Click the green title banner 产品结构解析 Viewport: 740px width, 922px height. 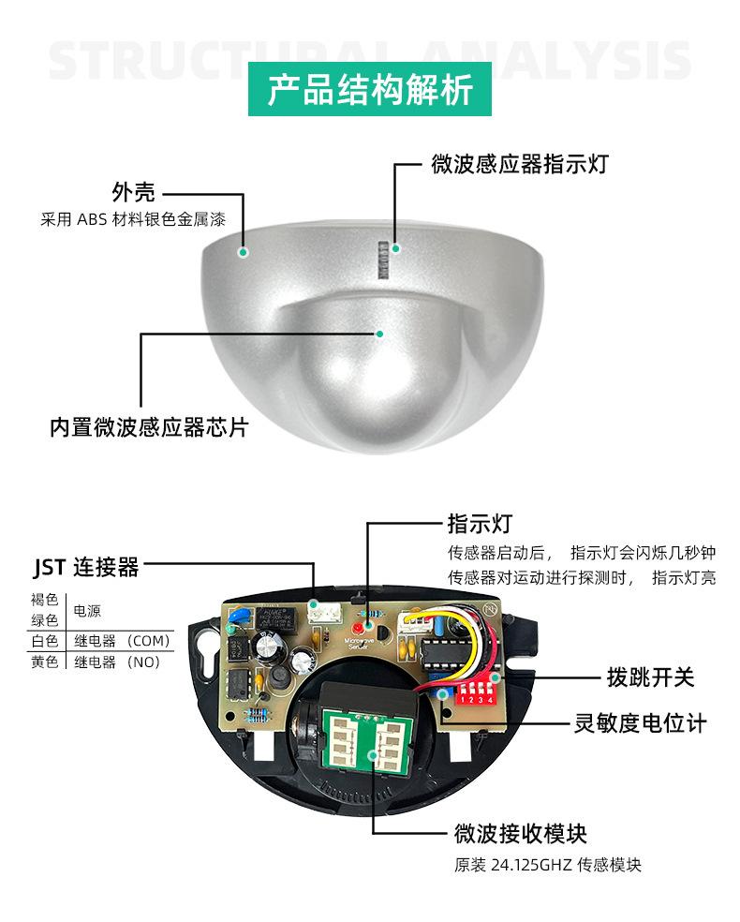(370, 90)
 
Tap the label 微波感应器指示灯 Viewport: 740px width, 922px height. (520, 166)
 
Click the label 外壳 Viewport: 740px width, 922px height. (132, 194)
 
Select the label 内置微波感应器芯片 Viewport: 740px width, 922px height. (150, 427)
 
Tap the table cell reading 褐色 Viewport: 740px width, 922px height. (45, 600)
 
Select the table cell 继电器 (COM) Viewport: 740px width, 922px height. (121, 641)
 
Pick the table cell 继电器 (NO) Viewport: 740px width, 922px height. (117, 662)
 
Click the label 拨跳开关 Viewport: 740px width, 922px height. (651, 677)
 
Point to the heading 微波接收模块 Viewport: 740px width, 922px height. (520, 832)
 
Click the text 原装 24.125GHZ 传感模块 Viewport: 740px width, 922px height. (548, 865)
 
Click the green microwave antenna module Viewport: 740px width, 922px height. (366, 740)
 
